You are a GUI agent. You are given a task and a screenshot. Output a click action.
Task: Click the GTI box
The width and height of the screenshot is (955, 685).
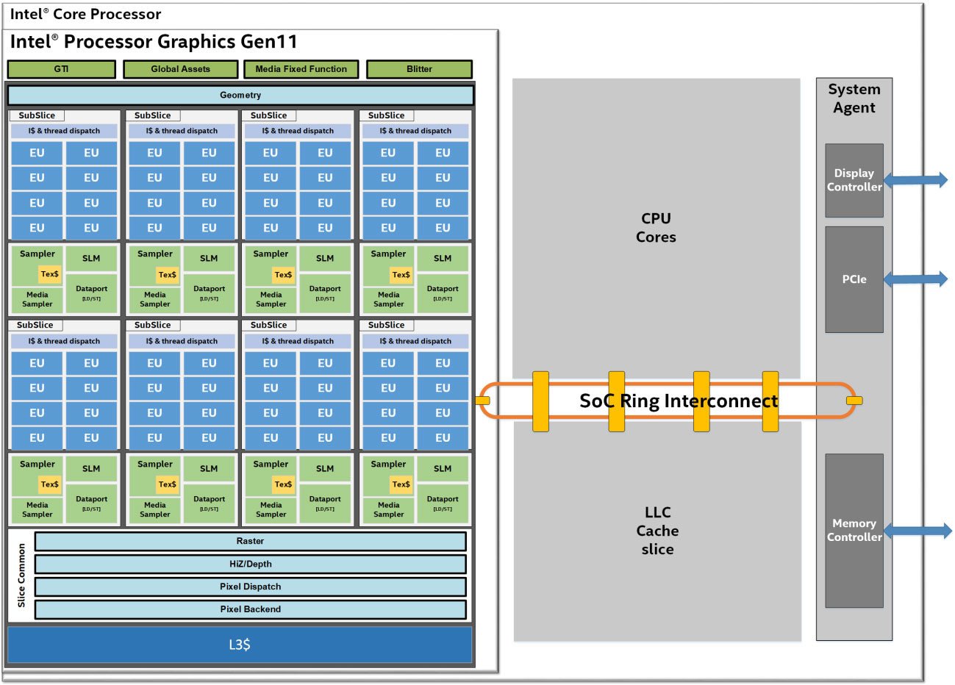(x=61, y=69)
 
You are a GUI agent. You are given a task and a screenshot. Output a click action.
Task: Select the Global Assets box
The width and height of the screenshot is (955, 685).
(x=180, y=69)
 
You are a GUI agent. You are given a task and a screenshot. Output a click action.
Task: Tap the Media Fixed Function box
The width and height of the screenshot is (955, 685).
(x=301, y=69)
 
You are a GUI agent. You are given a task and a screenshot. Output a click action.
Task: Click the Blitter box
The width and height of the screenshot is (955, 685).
(x=419, y=69)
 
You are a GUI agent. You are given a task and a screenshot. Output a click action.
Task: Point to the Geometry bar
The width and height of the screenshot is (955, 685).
(x=240, y=96)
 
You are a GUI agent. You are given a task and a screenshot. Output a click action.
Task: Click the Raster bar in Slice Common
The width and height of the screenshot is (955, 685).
(x=250, y=541)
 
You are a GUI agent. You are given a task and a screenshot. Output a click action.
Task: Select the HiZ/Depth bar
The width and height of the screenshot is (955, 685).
(x=250, y=564)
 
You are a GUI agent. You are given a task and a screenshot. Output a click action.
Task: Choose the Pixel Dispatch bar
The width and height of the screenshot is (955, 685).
(x=250, y=587)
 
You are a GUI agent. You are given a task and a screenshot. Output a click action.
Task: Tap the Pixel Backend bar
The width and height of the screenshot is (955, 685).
(x=250, y=609)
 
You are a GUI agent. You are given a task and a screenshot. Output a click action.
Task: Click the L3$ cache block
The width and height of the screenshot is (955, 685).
(x=240, y=645)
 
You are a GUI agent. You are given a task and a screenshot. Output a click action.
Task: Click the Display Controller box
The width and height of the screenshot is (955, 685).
(x=854, y=180)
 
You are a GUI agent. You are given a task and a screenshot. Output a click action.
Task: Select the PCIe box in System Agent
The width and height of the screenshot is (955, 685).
(x=854, y=279)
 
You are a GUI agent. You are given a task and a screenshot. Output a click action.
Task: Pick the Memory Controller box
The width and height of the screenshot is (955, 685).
(x=854, y=530)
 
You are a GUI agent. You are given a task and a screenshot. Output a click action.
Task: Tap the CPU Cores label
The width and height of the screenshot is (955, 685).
(x=656, y=228)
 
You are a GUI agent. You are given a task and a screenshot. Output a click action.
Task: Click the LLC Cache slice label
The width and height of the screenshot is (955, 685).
(x=657, y=531)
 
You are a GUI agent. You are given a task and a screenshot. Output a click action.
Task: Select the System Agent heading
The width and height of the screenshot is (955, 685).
(x=854, y=98)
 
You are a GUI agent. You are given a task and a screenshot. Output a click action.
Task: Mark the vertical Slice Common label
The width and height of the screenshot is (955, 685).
(x=21, y=575)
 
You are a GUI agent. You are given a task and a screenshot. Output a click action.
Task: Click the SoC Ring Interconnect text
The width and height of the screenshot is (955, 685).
(x=678, y=401)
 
